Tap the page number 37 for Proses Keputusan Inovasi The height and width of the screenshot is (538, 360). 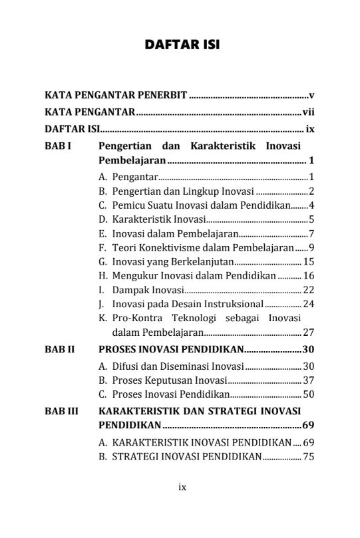coord(308,380)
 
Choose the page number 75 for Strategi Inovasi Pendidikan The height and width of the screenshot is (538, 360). coord(308,456)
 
